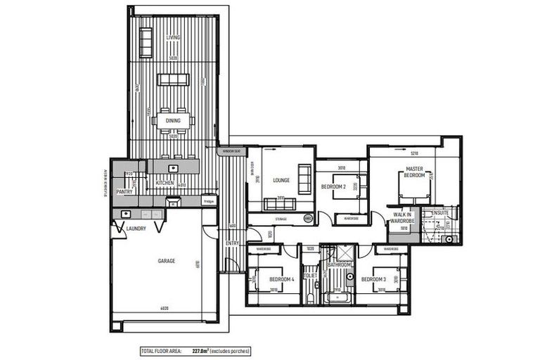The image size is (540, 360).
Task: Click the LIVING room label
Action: pos(173,37)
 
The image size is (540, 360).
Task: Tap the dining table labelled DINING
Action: pos(173,120)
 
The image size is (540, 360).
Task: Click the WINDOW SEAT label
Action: pos(231,151)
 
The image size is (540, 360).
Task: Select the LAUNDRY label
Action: pos(136,228)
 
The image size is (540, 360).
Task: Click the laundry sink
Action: pos(126,214)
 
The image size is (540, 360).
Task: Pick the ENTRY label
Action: pos(232,243)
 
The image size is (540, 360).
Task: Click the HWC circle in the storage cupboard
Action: pos(307,219)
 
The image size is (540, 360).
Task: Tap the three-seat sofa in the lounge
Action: pos(279,204)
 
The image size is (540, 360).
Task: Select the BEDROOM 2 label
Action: pos(333,186)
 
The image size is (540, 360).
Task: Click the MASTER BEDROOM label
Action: pos(413,172)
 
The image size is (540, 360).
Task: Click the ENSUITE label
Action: pos(440,212)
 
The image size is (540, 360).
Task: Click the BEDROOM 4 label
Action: pos(281,279)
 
